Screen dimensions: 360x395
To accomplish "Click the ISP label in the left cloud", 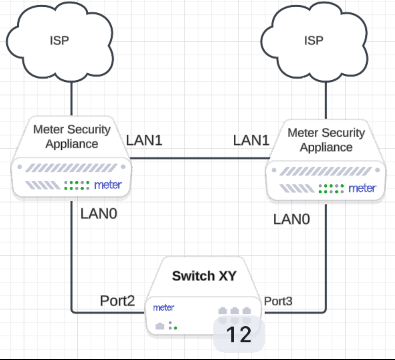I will tap(59, 40).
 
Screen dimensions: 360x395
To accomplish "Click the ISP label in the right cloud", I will tap(314, 40).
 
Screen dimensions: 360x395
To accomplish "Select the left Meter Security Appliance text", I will tap(72, 137).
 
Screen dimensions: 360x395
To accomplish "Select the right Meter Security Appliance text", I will tap(326, 140).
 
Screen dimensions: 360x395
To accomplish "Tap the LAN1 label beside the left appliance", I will tap(144, 140).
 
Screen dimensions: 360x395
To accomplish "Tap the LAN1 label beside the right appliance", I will tap(251, 140).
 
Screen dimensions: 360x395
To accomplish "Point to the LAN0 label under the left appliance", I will tap(99, 213).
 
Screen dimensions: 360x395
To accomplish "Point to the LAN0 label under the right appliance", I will tap(292, 219).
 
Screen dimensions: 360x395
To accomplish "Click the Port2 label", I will tap(117, 301).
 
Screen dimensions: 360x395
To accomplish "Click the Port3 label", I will tap(278, 301).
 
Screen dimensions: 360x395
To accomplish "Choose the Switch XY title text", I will tap(204, 276).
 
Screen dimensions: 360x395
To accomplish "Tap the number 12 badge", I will tap(239, 334).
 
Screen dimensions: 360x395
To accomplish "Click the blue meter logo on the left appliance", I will tap(108, 185).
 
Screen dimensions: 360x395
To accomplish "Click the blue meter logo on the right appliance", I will tap(362, 188).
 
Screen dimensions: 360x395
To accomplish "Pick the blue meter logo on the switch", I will tap(163, 307).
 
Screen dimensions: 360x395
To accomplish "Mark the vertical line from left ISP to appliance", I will tap(72, 99).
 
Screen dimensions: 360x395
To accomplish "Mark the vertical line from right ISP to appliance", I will tap(326, 100).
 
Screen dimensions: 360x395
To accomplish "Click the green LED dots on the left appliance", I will tap(77, 185).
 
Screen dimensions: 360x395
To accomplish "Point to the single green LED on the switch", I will tap(175, 328).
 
